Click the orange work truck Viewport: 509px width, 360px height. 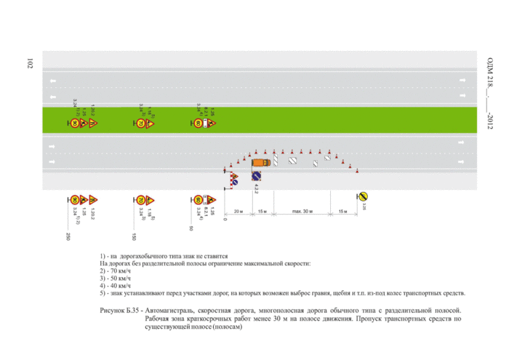click(x=260, y=162)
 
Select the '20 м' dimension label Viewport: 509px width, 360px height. click(x=239, y=212)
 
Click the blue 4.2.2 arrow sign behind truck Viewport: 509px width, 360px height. click(x=256, y=177)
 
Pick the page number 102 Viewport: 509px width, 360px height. click(x=30, y=65)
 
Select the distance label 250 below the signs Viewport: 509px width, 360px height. click(x=67, y=237)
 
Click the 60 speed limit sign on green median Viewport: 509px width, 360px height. click(x=198, y=124)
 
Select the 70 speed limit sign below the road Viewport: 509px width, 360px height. click(x=140, y=199)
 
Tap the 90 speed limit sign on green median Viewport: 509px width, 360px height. click(x=74, y=124)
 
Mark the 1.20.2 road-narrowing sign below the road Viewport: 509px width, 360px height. click(x=93, y=199)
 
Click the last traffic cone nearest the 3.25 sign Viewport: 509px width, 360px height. click(x=357, y=172)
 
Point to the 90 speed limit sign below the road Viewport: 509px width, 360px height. click(x=74, y=199)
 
